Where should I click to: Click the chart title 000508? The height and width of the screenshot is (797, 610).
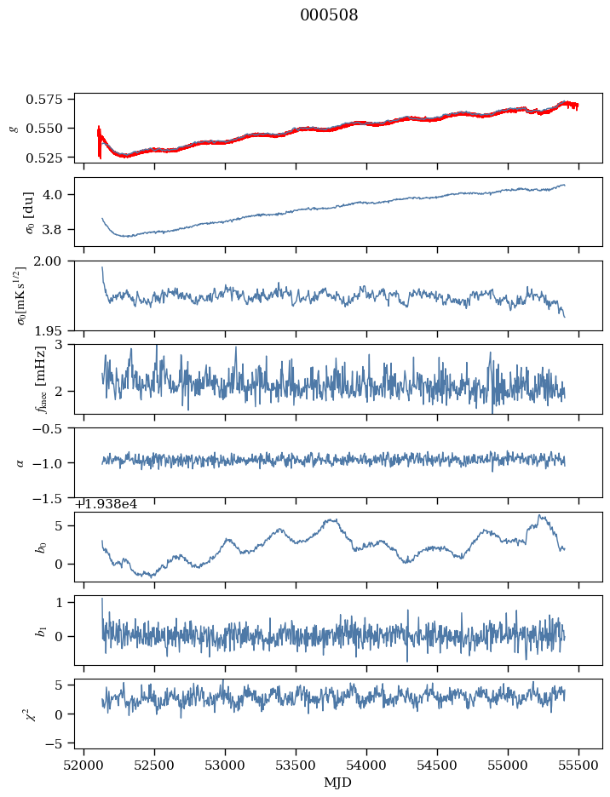click(329, 15)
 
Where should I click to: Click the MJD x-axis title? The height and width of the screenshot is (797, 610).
click(339, 783)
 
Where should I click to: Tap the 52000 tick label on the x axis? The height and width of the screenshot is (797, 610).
click(83, 767)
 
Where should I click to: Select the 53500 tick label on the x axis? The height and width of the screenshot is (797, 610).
click(296, 767)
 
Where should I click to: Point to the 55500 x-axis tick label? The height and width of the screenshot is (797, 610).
click(579, 767)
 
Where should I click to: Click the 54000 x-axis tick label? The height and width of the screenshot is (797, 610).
click(367, 767)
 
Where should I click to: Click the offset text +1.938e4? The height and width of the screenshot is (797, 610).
click(106, 504)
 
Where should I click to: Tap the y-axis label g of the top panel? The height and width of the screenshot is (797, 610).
click(12, 128)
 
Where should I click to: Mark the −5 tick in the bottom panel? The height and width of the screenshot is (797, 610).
click(59, 743)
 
